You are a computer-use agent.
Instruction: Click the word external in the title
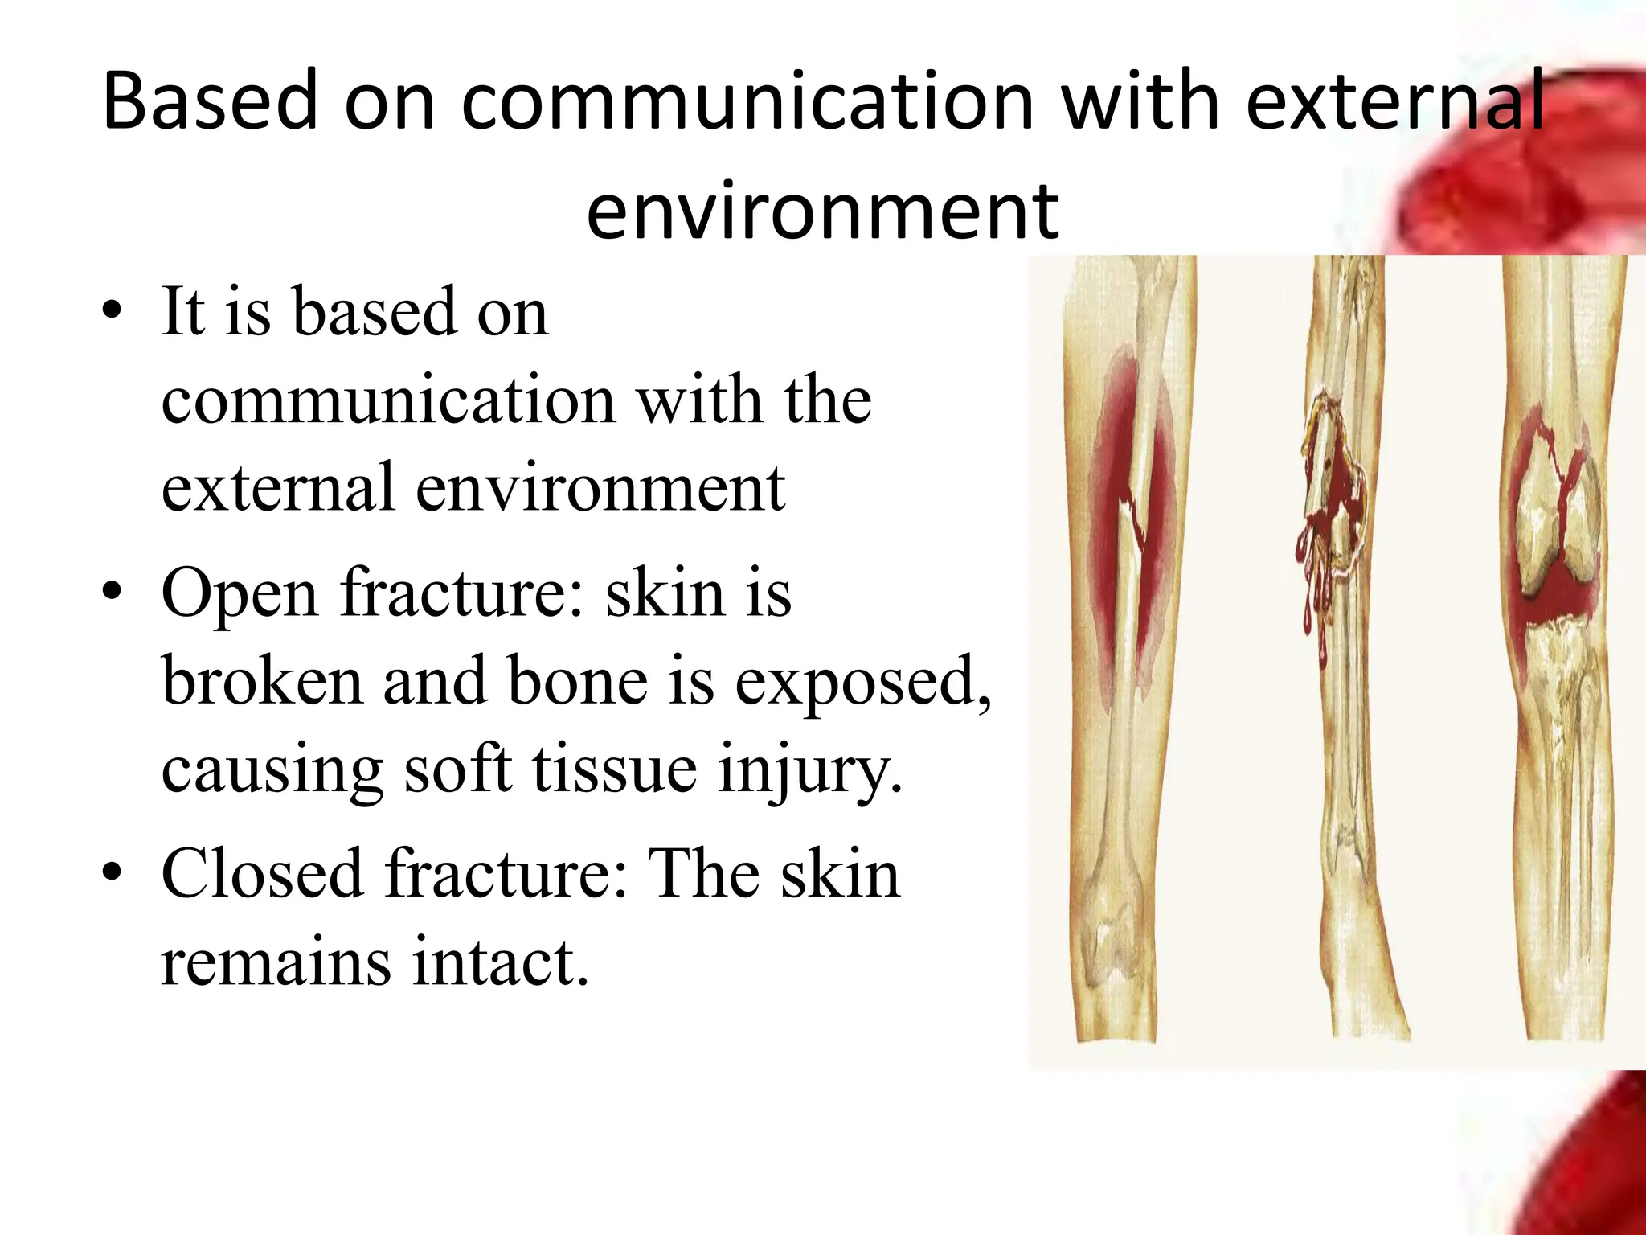1394,101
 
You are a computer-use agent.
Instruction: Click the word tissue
614,769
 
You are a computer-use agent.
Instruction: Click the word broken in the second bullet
262,682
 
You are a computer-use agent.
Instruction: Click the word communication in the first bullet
389,400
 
